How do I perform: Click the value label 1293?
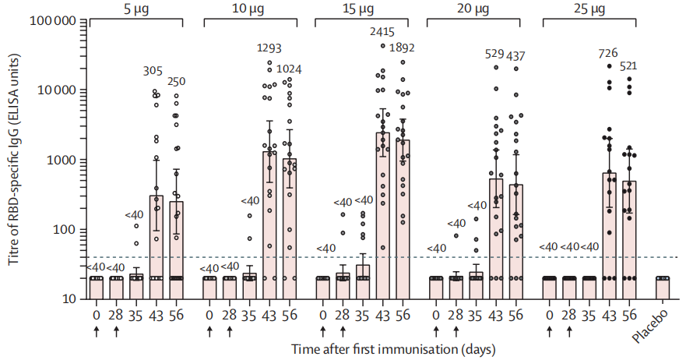tap(269, 48)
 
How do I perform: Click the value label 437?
tap(515, 56)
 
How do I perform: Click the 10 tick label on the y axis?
tap(69, 299)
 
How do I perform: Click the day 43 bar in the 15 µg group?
tap(383, 216)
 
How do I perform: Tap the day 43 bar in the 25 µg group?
tap(609, 235)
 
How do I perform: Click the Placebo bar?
tap(663, 288)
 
